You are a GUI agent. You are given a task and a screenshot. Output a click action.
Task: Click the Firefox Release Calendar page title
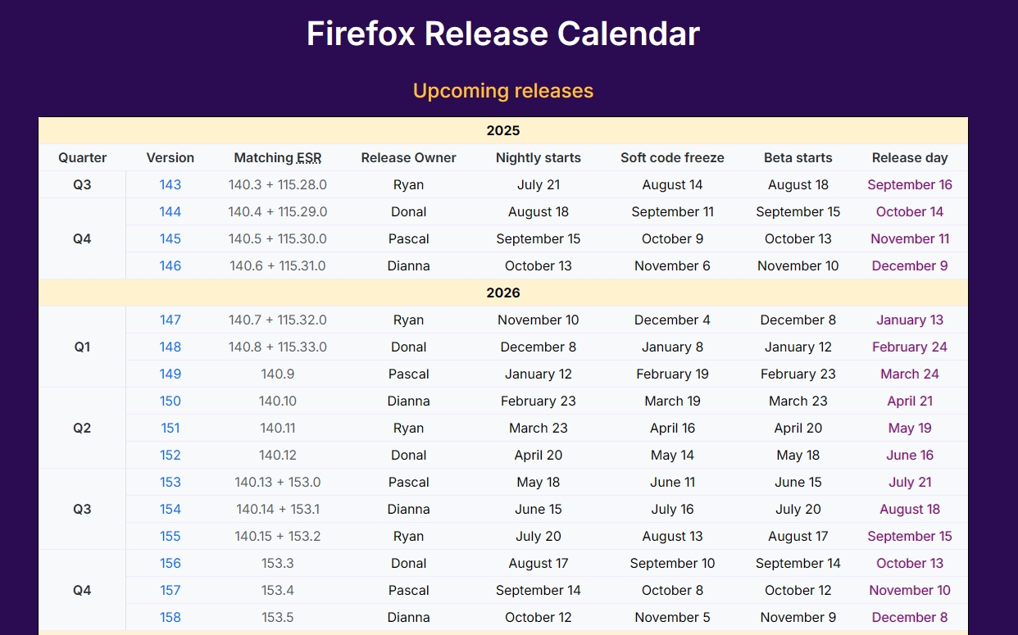pyautogui.click(x=503, y=34)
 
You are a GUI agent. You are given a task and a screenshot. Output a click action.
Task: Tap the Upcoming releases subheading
pyautogui.click(x=503, y=91)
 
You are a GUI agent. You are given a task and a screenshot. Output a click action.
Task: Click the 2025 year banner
pyautogui.click(x=503, y=131)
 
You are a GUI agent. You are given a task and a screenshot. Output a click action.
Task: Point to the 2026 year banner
pyautogui.click(x=503, y=293)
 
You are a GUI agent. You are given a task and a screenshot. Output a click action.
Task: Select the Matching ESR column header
pyautogui.click(x=278, y=157)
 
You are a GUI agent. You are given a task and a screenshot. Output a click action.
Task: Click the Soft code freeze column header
pyautogui.click(x=672, y=157)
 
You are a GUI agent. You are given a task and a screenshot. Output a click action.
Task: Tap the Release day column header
pyautogui.click(x=910, y=158)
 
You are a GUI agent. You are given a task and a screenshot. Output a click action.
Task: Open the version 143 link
pyautogui.click(x=170, y=185)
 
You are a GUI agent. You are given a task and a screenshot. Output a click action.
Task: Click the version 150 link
pyautogui.click(x=170, y=401)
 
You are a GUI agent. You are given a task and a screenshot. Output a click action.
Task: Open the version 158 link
pyautogui.click(x=170, y=617)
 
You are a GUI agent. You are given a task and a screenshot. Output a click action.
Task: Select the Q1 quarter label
pyautogui.click(x=82, y=347)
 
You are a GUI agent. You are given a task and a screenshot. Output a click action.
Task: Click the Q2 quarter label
pyautogui.click(x=82, y=428)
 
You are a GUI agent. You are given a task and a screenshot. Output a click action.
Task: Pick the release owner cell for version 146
pyautogui.click(x=408, y=265)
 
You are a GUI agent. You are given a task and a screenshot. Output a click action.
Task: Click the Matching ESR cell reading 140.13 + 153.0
pyautogui.click(x=278, y=482)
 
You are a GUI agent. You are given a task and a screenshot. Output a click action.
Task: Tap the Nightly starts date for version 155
pyautogui.click(x=538, y=537)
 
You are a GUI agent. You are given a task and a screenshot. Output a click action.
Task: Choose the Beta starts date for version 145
pyautogui.click(x=798, y=239)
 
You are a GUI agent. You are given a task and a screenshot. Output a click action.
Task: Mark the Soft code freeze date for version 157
pyautogui.click(x=672, y=590)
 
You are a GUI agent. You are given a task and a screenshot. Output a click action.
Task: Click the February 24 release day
pyautogui.click(x=910, y=347)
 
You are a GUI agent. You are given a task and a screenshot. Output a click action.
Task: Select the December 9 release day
pyautogui.click(x=910, y=265)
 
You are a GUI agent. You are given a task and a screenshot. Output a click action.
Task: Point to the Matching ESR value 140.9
pyautogui.click(x=278, y=374)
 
